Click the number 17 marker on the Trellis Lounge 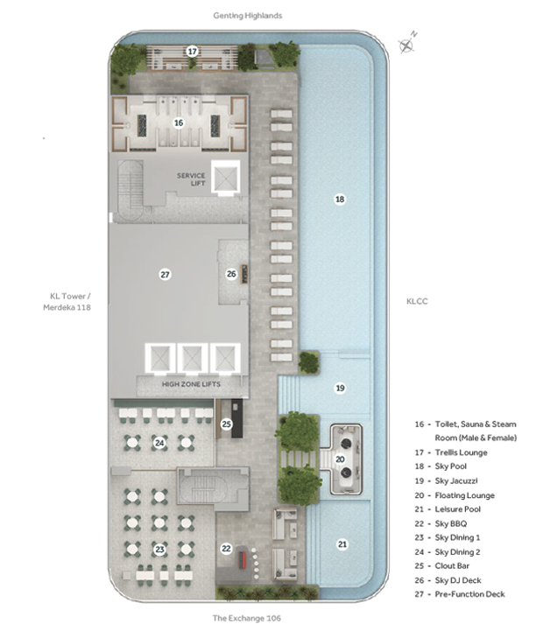[192, 52]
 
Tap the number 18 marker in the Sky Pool [340, 200]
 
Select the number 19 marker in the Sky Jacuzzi [341, 388]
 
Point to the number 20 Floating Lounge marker [341, 459]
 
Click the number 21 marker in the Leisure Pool [342, 544]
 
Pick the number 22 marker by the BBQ [226, 548]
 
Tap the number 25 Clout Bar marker [226, 424]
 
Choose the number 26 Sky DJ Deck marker [231, 274]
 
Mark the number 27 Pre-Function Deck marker [166, 275]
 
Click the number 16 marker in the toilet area [179, 123]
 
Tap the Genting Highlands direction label [248, 16]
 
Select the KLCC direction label [417, 301]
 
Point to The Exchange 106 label [247, 618]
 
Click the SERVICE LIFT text [191, 179]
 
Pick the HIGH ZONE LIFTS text [191, 384]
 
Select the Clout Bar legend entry [442, 566]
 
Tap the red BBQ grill [243, 560]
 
